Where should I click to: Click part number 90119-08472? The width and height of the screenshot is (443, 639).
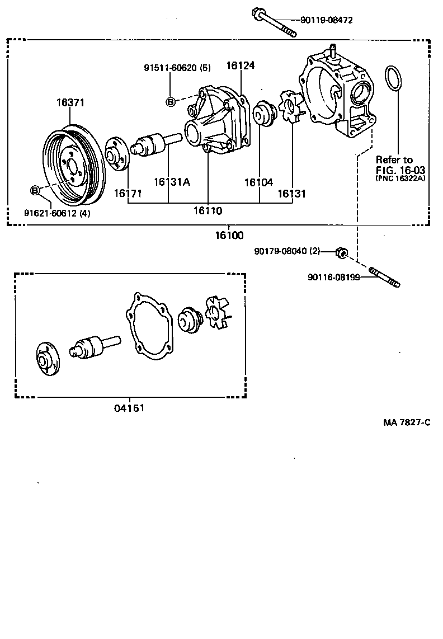click(326, 20)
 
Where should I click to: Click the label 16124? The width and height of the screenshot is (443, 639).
click(241, 65)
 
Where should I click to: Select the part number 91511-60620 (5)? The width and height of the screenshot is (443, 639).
click(176, 68)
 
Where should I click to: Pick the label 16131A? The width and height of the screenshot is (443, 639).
click(172, 181)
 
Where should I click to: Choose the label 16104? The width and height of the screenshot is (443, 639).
click(258, 182)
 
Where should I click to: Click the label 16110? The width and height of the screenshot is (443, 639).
click(208, 211)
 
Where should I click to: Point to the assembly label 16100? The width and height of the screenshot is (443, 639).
click(229, 236)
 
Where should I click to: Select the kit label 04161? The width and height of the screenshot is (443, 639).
click(129, 408)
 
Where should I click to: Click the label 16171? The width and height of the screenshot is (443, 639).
click(128, 193)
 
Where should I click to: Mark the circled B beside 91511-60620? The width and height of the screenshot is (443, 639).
click(170, 101)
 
